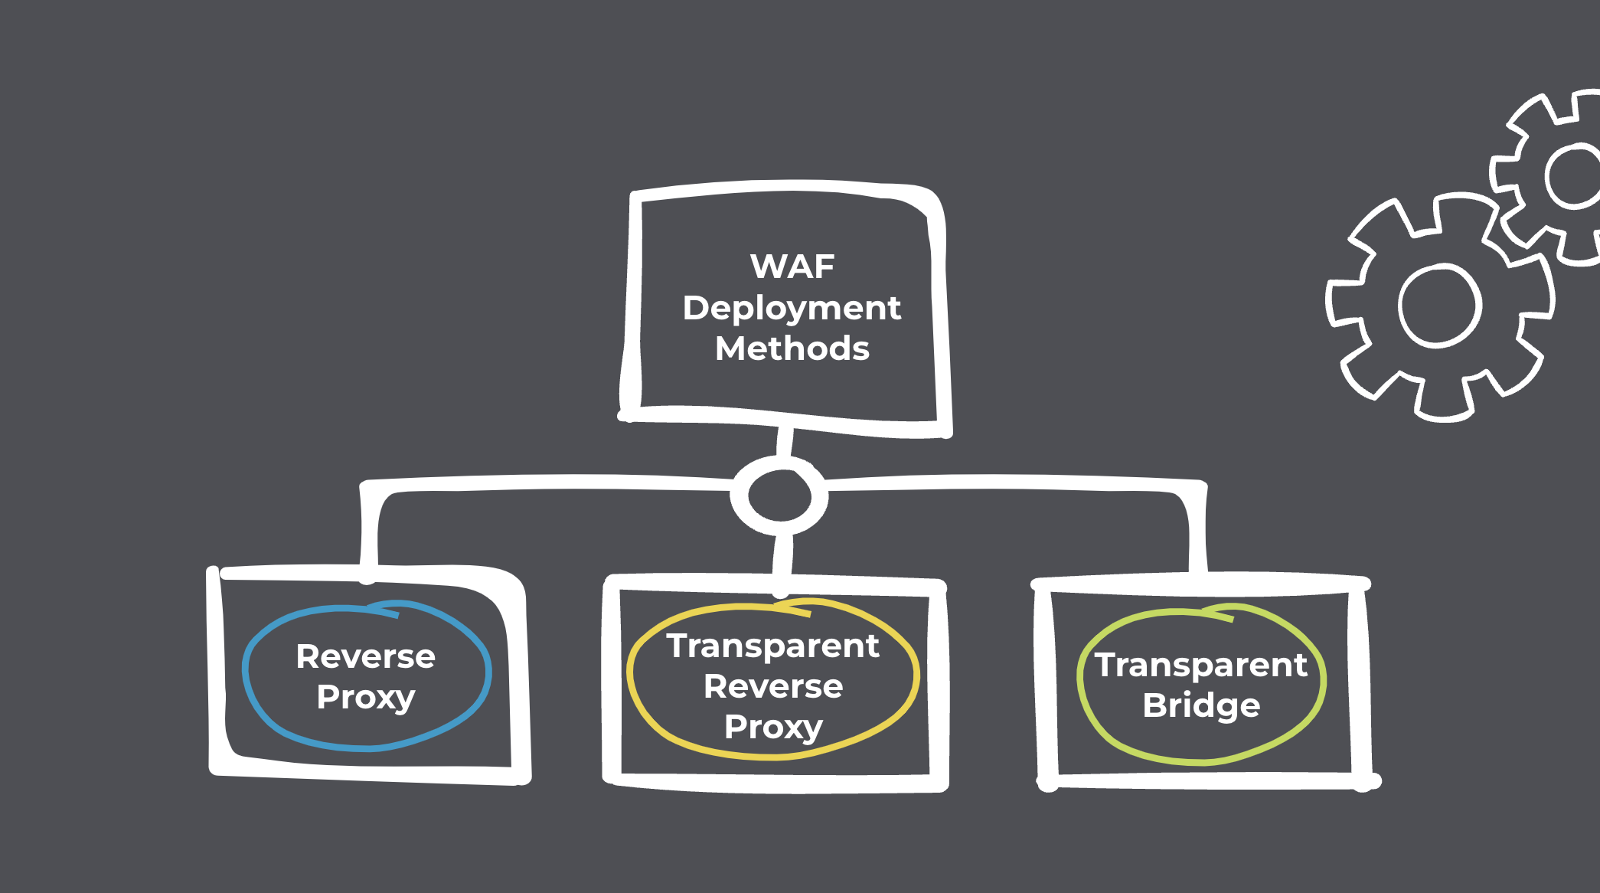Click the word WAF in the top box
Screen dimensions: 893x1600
pos(792,267)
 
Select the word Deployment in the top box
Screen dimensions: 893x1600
pos(792,308)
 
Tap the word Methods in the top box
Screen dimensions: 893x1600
pos(792,348)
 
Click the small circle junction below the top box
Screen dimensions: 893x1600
pos(779,496)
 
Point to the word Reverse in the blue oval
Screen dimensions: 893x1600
pos(365,656)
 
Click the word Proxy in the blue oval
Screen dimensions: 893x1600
pos(365,697)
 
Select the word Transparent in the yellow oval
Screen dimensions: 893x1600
pos(772,646)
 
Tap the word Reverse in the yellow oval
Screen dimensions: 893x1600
pos(772,686)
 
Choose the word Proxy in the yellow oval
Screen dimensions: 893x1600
pos(772,727)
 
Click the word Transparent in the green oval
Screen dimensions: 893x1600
pos(1200,665)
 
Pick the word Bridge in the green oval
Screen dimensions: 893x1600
pos(1200,705)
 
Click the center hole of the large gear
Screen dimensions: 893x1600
pos(1439,305)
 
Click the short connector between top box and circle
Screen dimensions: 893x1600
pos(784,441)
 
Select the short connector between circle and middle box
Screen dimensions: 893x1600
pos(782,555)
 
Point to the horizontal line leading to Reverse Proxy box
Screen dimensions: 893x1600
pos(551,482)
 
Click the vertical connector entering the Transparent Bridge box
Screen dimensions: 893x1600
pos(1197,536)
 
